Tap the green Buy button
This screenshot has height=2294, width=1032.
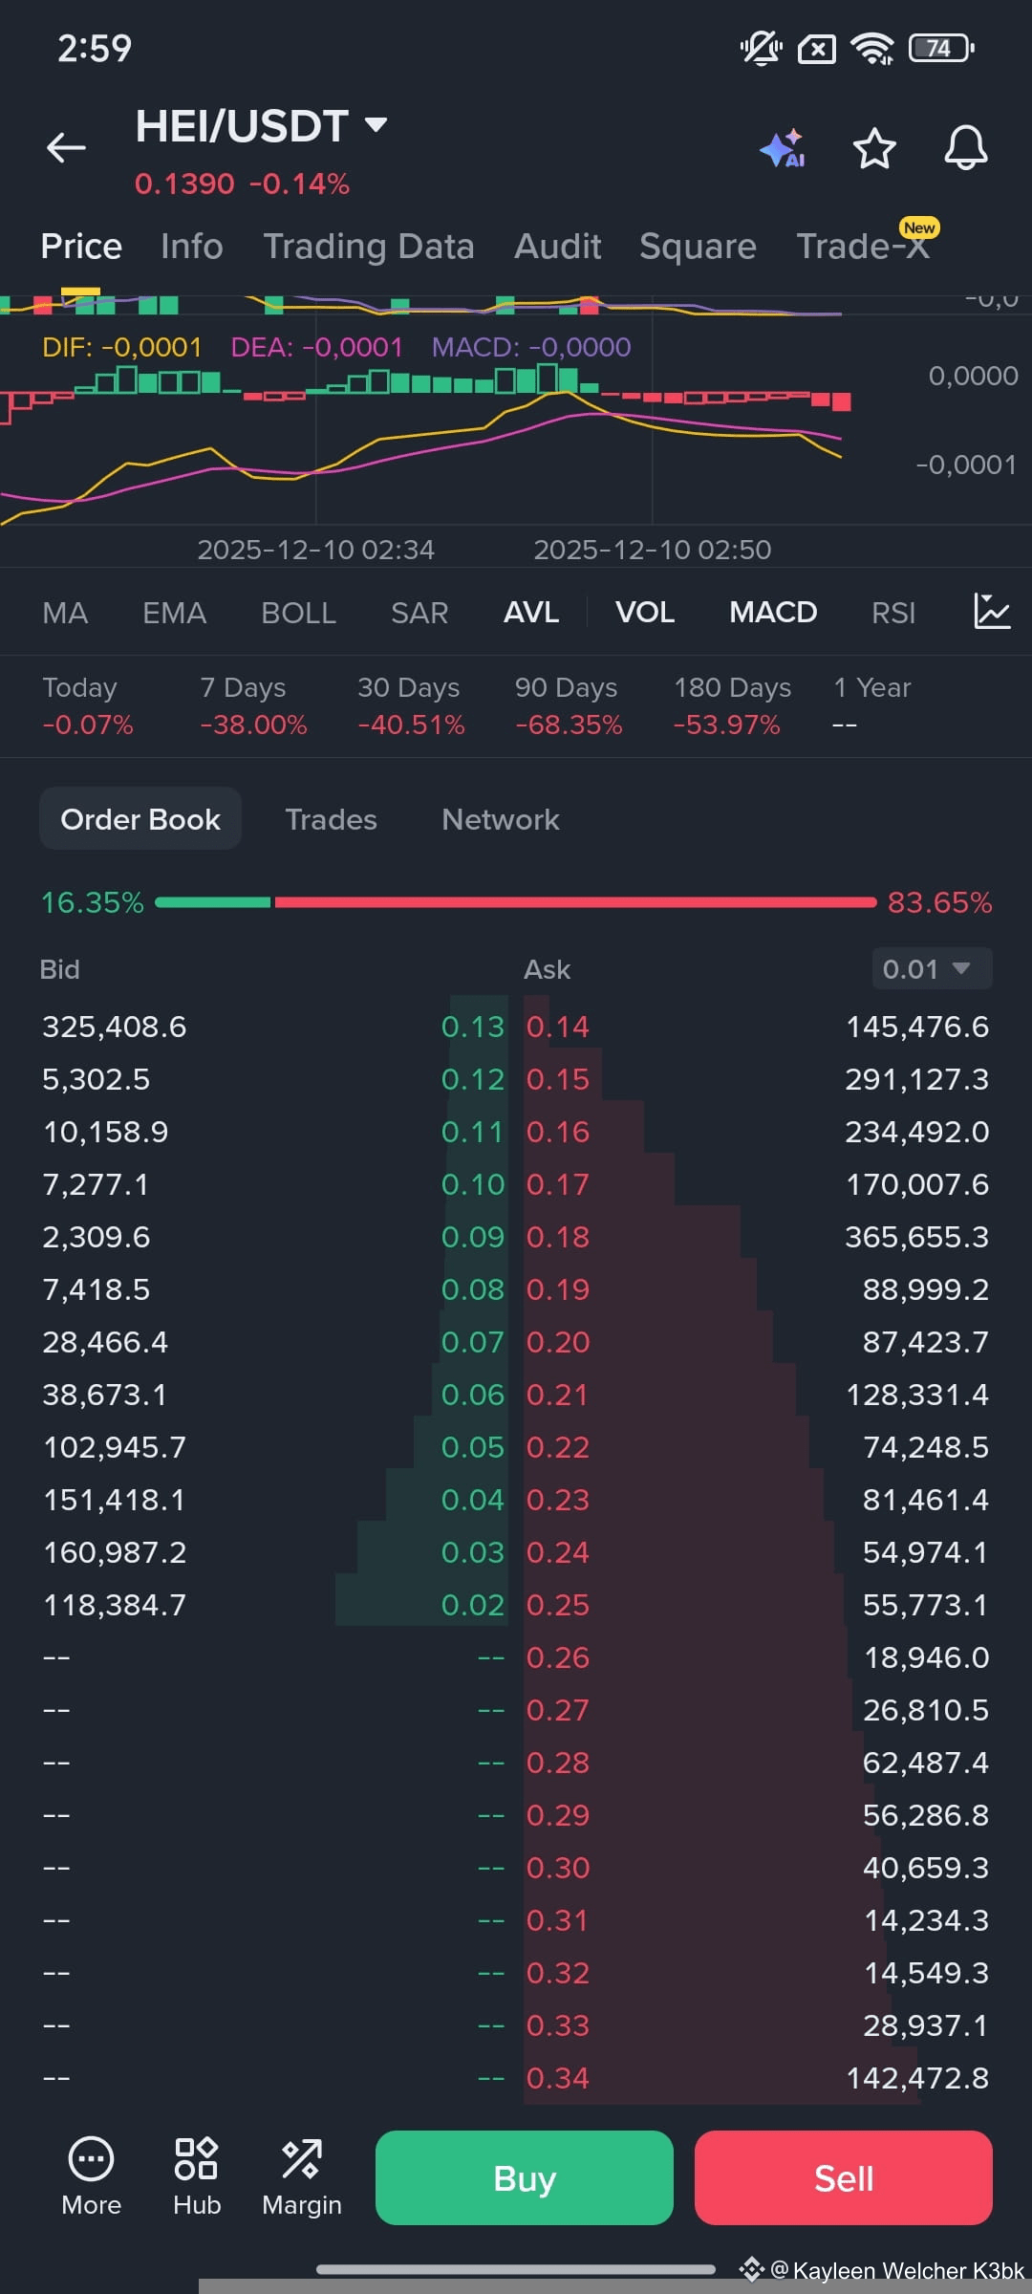[524, 2177]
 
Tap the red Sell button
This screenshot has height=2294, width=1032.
[843, 2177]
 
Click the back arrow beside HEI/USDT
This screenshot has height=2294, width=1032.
[66, 147]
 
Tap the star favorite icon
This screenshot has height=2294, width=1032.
[874, 148]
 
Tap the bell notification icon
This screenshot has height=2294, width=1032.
[966, 148]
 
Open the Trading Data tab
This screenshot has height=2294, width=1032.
[369, 247]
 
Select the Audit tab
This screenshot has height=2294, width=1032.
[558, 247]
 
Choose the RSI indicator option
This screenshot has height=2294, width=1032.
[893, 613]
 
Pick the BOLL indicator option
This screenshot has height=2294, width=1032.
[298, 613]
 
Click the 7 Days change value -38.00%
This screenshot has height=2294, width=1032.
[253, 725]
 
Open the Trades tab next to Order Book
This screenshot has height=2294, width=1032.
[331, 819]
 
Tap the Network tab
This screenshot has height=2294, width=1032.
[501, 819]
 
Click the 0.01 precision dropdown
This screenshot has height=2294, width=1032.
[932, 969]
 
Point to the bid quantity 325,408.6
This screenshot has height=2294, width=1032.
[115, 1027]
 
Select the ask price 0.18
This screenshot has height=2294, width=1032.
[558, 1237]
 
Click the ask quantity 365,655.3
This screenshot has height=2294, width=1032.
[916, 1237]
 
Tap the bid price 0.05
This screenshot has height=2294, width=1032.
[472, 1447]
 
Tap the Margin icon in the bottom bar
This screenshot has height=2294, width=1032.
[302, 2176]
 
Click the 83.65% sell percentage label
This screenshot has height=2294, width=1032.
[940, 902]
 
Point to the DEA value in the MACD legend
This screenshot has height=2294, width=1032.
[317, 347]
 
